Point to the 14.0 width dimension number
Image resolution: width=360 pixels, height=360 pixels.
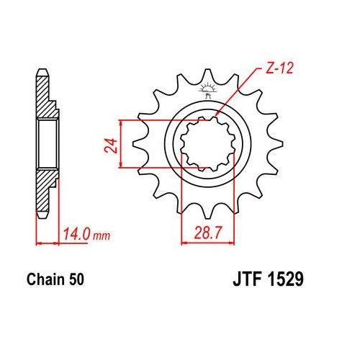click(74, 235)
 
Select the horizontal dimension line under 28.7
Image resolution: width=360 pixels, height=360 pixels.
click(207, 241)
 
